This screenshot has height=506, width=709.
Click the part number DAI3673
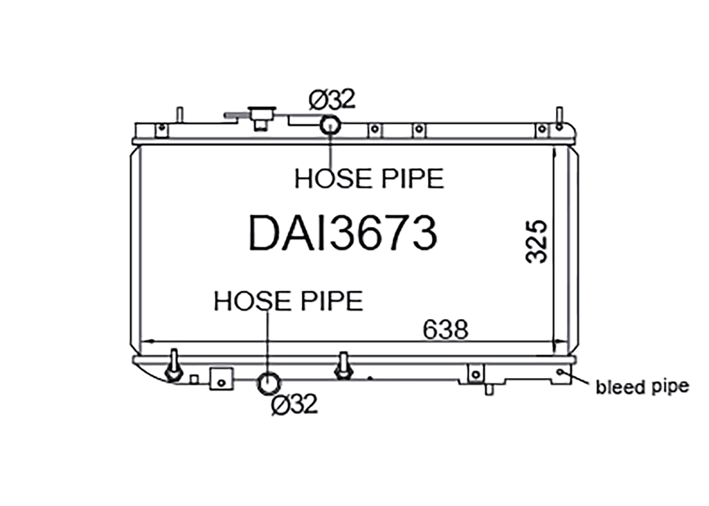pos(343,233)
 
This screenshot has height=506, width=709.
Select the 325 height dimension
pos(537,242)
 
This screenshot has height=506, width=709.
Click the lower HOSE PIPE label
pos(288,300)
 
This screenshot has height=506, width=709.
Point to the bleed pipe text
pos(642,387)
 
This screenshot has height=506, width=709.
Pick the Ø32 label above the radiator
pos(332,100)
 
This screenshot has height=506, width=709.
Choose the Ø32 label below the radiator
pos(294,404)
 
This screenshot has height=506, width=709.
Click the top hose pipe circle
pos(330,125)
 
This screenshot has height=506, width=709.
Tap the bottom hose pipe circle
pos(269,384)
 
